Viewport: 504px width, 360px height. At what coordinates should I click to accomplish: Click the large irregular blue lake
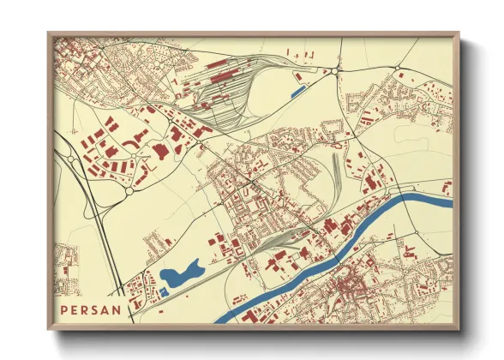(179, 274)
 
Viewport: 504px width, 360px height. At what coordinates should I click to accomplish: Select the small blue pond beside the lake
(163, 291)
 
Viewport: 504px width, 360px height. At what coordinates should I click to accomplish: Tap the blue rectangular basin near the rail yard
(298, 88)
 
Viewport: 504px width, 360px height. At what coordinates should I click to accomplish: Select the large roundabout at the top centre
(340, 68)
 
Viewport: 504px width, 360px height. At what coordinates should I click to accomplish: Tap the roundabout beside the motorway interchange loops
(129, 192)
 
